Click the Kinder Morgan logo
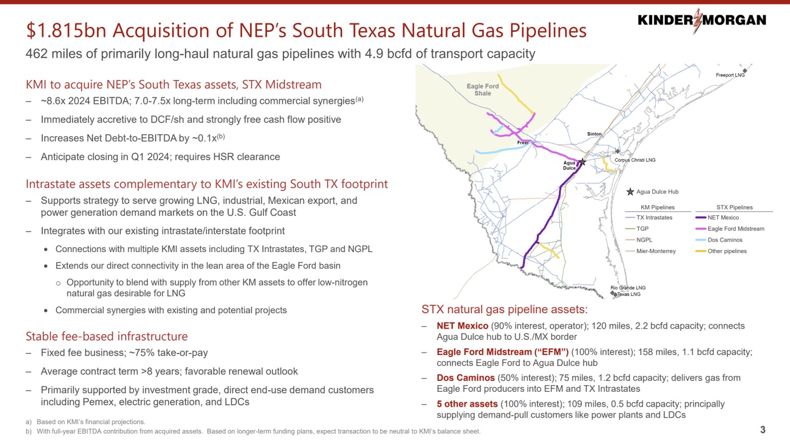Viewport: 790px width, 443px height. tap(701, 20)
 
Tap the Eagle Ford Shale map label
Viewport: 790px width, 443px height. tap(483, 90)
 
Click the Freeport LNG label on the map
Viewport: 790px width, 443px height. tap(730, 75)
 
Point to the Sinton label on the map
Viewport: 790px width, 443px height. tap(594, 134)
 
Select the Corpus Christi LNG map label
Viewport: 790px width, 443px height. tap(635, 160)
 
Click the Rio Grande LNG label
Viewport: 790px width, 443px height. tap(627, 288)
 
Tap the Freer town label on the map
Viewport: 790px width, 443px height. tap(523, 143)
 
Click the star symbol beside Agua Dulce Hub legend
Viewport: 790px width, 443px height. tap(630, 192)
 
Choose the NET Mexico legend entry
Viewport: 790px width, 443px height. tap(723, 218)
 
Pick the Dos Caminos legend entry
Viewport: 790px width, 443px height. tap(725, 240)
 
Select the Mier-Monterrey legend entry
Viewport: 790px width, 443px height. tap(655, 251)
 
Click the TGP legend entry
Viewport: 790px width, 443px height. tap(642, 229)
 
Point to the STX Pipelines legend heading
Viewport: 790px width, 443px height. tap(734, 207)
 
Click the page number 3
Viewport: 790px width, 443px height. tap(763, 430)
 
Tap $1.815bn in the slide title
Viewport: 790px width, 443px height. tap(66, 31)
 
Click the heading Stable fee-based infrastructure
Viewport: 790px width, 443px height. tap(106, 336)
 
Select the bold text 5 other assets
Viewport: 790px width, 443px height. tap(467, 404)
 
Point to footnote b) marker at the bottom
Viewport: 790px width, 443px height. tap(28, 431)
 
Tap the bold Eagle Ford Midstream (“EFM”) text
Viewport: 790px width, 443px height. tap(502, 352)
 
